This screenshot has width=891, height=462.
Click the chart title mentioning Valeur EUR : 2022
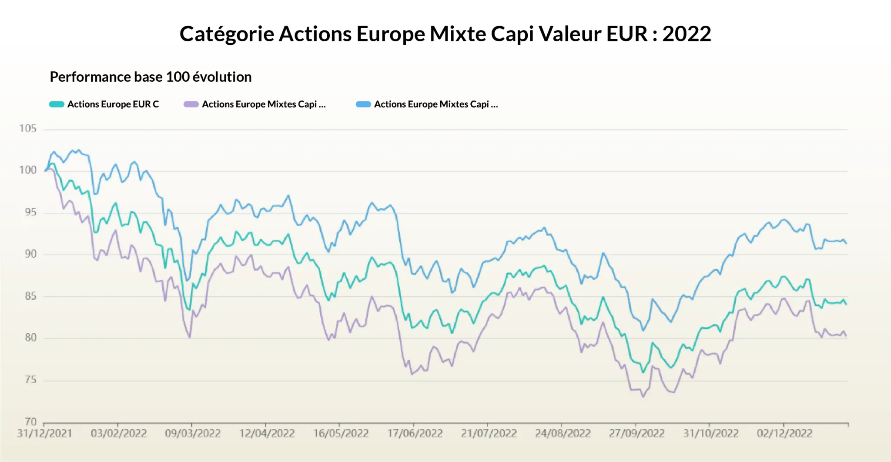(445, 34)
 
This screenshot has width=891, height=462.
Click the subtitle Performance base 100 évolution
(151, 77)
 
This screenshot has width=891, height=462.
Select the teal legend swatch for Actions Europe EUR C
(57, 104)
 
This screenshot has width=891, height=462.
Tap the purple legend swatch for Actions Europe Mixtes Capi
(191, 104)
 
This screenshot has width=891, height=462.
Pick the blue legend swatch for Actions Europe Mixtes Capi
(363, 104)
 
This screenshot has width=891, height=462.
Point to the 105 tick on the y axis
(28, 129)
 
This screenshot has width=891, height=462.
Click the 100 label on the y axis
(28, 170)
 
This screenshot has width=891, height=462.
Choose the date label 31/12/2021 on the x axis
(44, 434)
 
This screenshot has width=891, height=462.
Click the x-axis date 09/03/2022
(192, 434)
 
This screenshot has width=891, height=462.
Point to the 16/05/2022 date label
(341, 434)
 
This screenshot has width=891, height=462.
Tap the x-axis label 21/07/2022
(489, 434)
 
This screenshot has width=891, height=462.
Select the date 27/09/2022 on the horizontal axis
(636, 434)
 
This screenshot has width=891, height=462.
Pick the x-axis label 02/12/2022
(784, 434)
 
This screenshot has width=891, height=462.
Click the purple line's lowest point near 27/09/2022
(643, 396)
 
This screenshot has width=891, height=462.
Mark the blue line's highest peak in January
(78, 150)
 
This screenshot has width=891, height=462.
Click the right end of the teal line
(846, 304)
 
